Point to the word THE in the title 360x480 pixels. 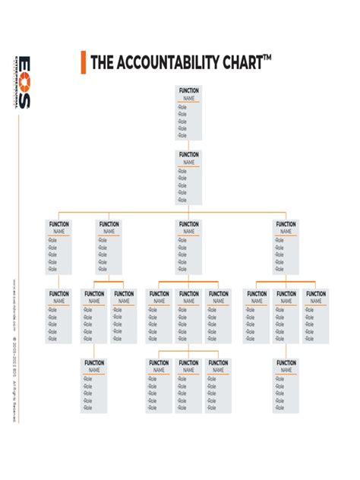[101, 62]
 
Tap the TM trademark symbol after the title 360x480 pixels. [267, 57]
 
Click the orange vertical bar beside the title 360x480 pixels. [83, 62]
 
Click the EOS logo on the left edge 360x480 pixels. [25, 83]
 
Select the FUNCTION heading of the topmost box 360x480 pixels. [188, 90]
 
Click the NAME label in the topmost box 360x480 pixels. [188, 98]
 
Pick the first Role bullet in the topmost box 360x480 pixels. [182, 108]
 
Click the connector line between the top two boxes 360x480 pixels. [188, 145]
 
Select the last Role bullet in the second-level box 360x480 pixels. [182, 200]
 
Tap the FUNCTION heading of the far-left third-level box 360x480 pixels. [58, 224]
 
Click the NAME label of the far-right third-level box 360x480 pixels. [286, 232]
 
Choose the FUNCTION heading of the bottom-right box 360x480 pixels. [286, 363]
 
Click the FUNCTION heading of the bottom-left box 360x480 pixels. [94, 363]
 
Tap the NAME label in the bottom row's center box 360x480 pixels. [188, 371]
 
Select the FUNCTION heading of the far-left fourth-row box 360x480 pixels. [58, 294]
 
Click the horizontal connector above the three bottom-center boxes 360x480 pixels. [188, 352]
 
